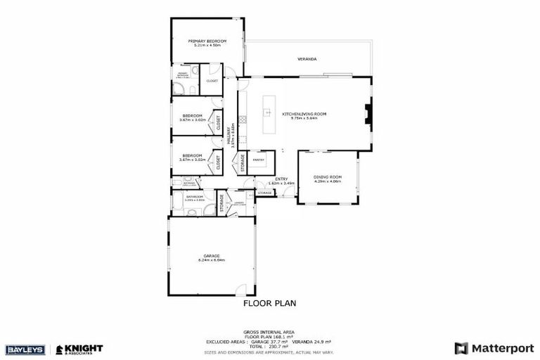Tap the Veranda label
coord(307,59)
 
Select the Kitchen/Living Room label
coord(300,114)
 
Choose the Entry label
coord(281,179)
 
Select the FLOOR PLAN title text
coord(269,304)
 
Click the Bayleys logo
coord(26,349)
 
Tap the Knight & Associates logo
coord(79,349)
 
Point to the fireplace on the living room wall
coord(367,115)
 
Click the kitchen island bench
coord(267,116)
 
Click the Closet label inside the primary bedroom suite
coord(212,81)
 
